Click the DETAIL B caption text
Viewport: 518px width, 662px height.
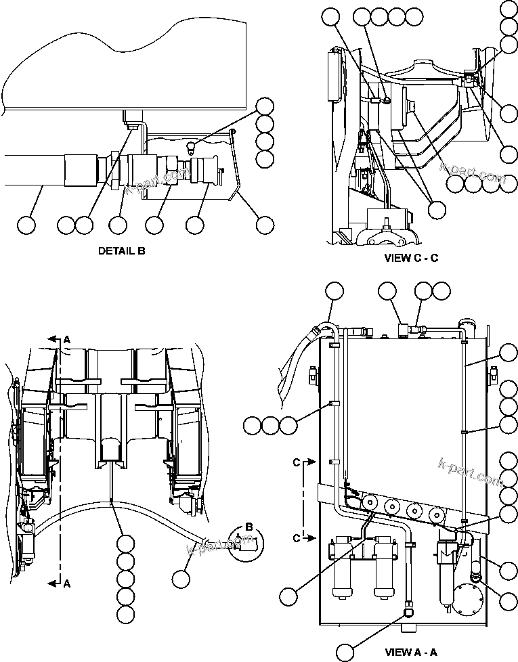click(121, 250)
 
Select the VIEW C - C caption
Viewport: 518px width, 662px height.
click(411, 257)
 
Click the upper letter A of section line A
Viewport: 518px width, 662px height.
click(66, 339)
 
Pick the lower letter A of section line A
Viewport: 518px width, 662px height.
click(66, 584)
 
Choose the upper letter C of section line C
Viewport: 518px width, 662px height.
click(297, 463)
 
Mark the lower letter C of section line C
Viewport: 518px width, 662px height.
click(297, 537)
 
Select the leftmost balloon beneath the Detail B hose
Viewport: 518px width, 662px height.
click(26, 225)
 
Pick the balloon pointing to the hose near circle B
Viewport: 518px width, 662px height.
click(181, 579)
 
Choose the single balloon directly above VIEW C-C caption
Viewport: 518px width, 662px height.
click(437, 211)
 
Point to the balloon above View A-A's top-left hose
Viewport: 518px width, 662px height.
click(334, 292)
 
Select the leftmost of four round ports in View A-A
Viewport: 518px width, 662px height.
click(370, 503)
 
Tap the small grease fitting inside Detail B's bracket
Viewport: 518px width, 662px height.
click(192, 146)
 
